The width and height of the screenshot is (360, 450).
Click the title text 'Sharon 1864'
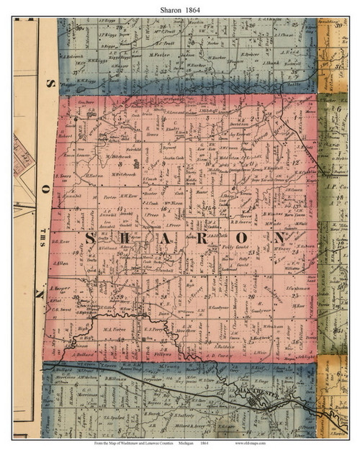179,7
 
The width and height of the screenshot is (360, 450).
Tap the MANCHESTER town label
256,392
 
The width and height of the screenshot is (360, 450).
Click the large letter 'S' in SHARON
93,240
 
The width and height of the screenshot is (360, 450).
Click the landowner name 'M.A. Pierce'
115,329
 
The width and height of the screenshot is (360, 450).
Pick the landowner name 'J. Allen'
61,265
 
